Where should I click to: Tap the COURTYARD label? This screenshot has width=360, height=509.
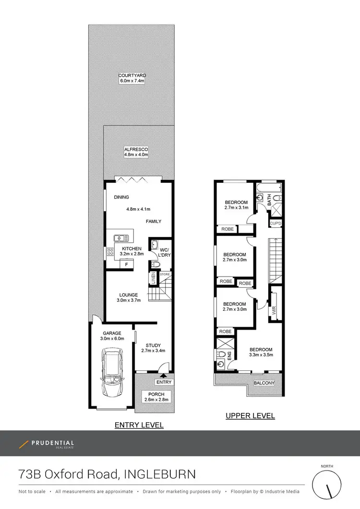(x=132, y=75)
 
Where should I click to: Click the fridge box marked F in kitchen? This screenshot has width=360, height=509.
(x=126, y=264)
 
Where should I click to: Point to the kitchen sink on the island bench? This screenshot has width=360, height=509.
(x=122, y=237)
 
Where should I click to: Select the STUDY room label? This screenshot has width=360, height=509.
(x=153, y=345)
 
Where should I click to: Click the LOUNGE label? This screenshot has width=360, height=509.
(x=129, y=295)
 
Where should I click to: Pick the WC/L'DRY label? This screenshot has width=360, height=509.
(x=164, y=252)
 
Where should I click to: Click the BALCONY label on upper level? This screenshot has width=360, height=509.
(x=264, y=383)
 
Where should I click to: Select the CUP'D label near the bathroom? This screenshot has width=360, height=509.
(x=276, y=224)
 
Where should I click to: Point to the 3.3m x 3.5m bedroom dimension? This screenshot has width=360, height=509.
(x=261, y=355)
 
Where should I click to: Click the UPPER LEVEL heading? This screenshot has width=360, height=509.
(x=250, y=415)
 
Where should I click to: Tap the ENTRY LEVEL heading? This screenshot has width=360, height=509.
(x=139, y=425)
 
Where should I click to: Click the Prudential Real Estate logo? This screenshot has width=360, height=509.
(x=47, y=444)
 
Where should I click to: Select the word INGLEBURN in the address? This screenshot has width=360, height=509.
(x=160, y=474)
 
